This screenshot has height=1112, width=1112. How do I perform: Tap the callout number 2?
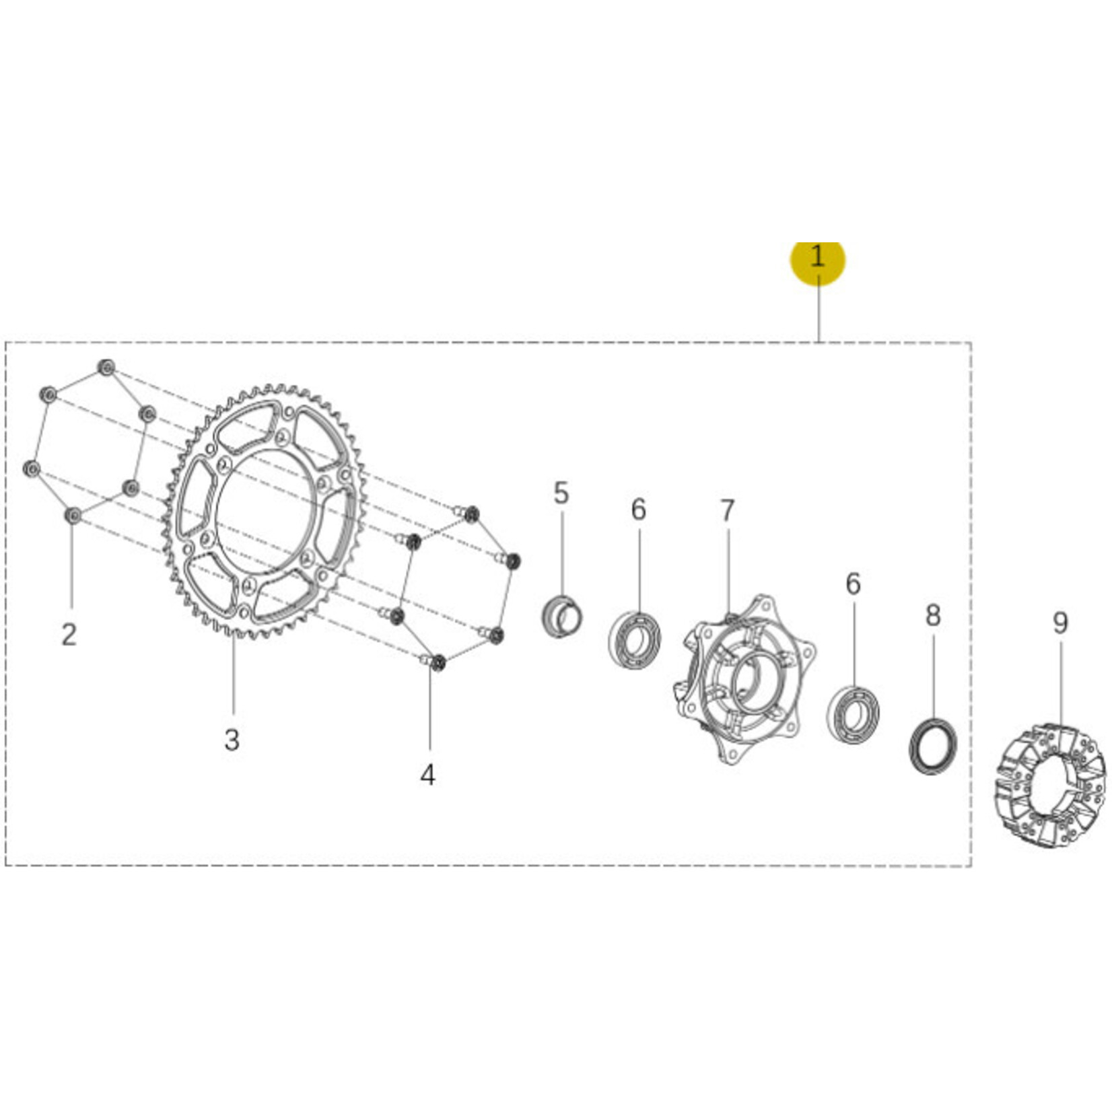click(69, 634)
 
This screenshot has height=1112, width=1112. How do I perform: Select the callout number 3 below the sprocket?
click(232, 740)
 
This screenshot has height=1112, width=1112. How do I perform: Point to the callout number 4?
click(427, 775)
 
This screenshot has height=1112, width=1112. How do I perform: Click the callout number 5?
click(561, 493)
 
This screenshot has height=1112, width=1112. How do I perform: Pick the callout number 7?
click(727, 511)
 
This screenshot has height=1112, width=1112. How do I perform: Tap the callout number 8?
click(933, 615)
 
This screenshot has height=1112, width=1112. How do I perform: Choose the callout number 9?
click(1060, 623)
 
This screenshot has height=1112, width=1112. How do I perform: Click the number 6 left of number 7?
click(638, 510)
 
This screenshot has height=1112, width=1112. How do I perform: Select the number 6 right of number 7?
click(853, 584)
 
